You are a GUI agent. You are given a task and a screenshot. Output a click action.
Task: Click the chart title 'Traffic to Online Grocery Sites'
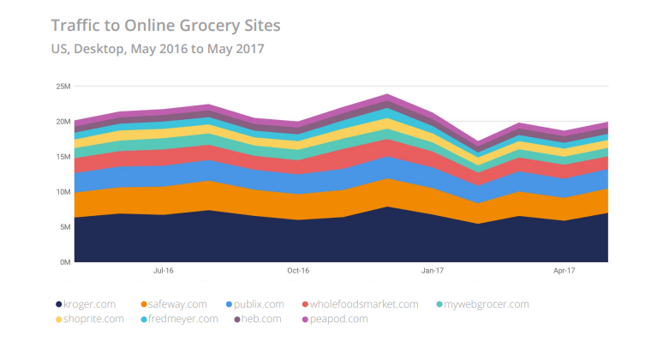(165, 25)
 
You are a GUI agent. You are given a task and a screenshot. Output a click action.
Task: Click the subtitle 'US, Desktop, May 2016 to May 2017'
(157, 49)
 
